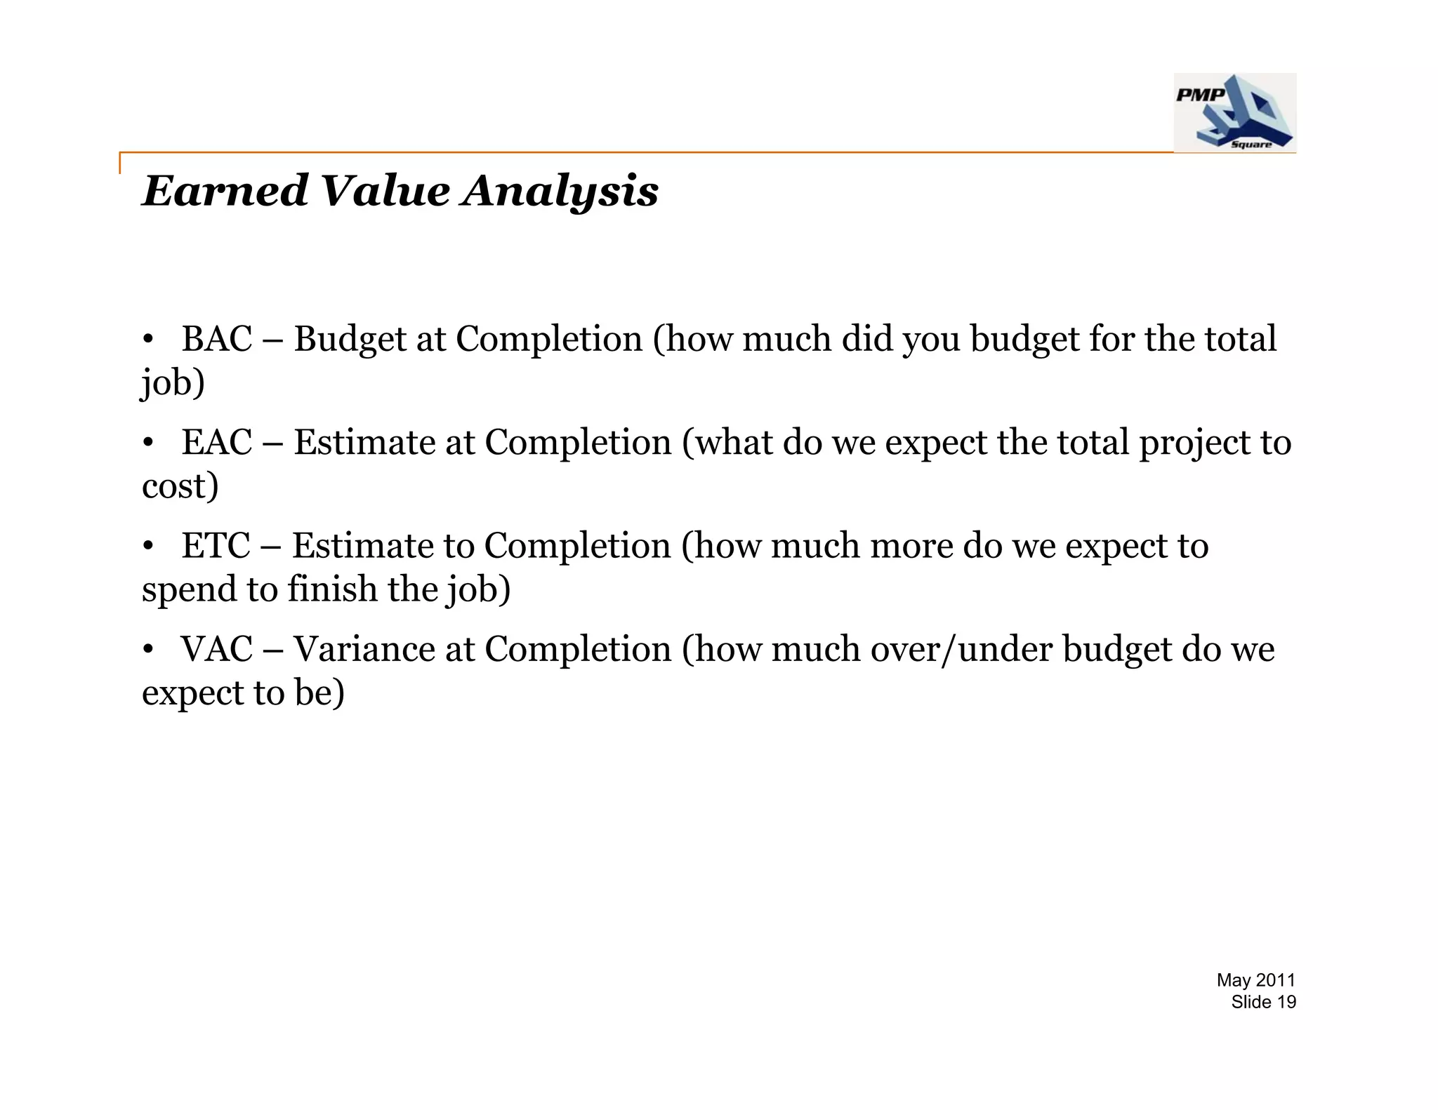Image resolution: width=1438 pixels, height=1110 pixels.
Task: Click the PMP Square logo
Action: (x=1234, y=112)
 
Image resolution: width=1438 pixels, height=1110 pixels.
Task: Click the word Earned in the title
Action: (x=225, y=191)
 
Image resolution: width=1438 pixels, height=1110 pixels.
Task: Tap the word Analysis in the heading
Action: (x=560, y=191)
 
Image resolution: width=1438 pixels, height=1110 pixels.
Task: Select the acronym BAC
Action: (x=216, y=340)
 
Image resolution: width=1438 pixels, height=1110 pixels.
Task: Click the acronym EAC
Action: (x=216, y=443)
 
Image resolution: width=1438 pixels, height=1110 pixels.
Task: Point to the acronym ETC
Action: (x=216, y=546)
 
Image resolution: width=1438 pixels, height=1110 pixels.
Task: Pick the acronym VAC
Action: (x=216, y=649)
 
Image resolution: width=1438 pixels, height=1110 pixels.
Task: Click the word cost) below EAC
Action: (x=180, y=486)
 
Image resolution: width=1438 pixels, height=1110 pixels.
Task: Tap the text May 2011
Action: (x=1255, y=980)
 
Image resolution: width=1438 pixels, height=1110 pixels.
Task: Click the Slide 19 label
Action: (x=1263, y=1002)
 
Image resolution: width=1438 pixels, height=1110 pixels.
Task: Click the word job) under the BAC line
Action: (x=173, y=384)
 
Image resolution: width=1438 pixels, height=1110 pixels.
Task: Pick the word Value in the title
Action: (x=384, y=191)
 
